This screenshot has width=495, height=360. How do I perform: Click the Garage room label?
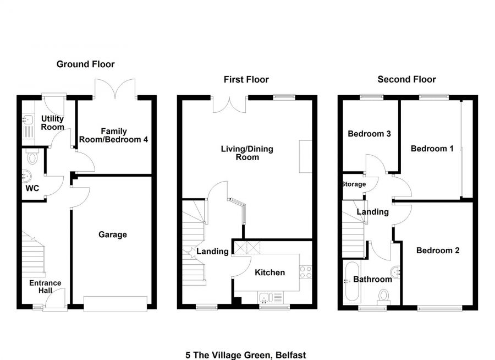coord(112,234)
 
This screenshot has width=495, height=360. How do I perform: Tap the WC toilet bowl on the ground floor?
coord(32,157)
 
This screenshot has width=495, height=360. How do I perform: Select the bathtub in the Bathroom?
coord(353,281)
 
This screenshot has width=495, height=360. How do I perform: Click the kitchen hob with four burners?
coord(306,272)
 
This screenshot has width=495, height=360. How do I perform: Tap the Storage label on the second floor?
coord(354,184)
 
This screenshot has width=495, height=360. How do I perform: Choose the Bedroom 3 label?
coord(369,134)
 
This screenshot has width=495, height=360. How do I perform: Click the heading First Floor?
coord(246,79)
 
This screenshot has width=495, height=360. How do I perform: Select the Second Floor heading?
coord(406,79)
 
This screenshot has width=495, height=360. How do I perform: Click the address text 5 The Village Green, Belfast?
coord(246,355)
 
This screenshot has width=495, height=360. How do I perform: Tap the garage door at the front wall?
coord(116,304)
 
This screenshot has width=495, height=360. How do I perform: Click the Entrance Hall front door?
coord(55,299)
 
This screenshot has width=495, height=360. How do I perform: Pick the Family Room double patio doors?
coord(116,89)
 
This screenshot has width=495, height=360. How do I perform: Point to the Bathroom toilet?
coord(383,297)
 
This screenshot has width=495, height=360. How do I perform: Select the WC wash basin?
coord(26,176)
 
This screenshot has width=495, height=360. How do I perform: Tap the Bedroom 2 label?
coord(438,250)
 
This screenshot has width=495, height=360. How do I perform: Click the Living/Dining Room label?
coord(247,153)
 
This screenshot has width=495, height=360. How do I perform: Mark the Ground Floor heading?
coord(85,64)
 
